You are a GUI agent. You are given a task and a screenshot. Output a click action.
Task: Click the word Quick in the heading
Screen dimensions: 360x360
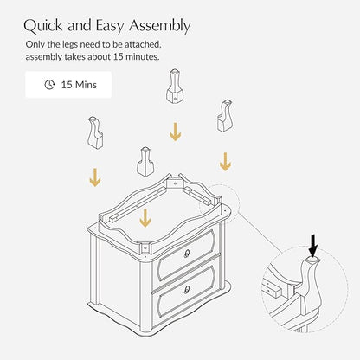43,25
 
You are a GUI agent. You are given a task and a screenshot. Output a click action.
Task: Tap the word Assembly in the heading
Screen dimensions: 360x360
159,26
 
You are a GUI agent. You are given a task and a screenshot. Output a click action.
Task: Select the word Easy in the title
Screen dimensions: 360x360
110,26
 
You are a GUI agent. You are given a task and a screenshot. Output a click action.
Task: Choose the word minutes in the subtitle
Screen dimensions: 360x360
142,56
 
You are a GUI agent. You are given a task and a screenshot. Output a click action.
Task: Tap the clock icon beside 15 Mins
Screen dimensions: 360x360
49,85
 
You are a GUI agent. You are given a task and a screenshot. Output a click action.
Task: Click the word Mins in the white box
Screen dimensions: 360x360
86,85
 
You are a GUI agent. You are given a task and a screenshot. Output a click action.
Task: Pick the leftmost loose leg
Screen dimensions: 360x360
95,132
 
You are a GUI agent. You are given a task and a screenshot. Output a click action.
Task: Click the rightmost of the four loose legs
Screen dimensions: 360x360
225,116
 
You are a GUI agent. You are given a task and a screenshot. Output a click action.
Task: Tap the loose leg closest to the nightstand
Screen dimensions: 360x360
145,162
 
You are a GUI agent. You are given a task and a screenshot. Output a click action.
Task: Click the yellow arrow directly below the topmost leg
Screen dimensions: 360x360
175,132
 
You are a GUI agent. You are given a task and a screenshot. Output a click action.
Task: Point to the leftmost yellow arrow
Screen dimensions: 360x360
95,177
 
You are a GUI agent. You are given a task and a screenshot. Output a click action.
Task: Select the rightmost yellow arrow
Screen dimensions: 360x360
225,162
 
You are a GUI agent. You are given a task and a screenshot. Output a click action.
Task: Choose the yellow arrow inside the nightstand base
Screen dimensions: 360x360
145,218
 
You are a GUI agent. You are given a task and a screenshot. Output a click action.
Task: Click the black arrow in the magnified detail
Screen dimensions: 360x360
313,245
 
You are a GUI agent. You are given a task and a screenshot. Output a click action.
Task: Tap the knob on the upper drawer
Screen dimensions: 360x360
187,254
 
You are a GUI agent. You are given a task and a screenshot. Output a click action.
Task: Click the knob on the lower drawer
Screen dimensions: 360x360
187,289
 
